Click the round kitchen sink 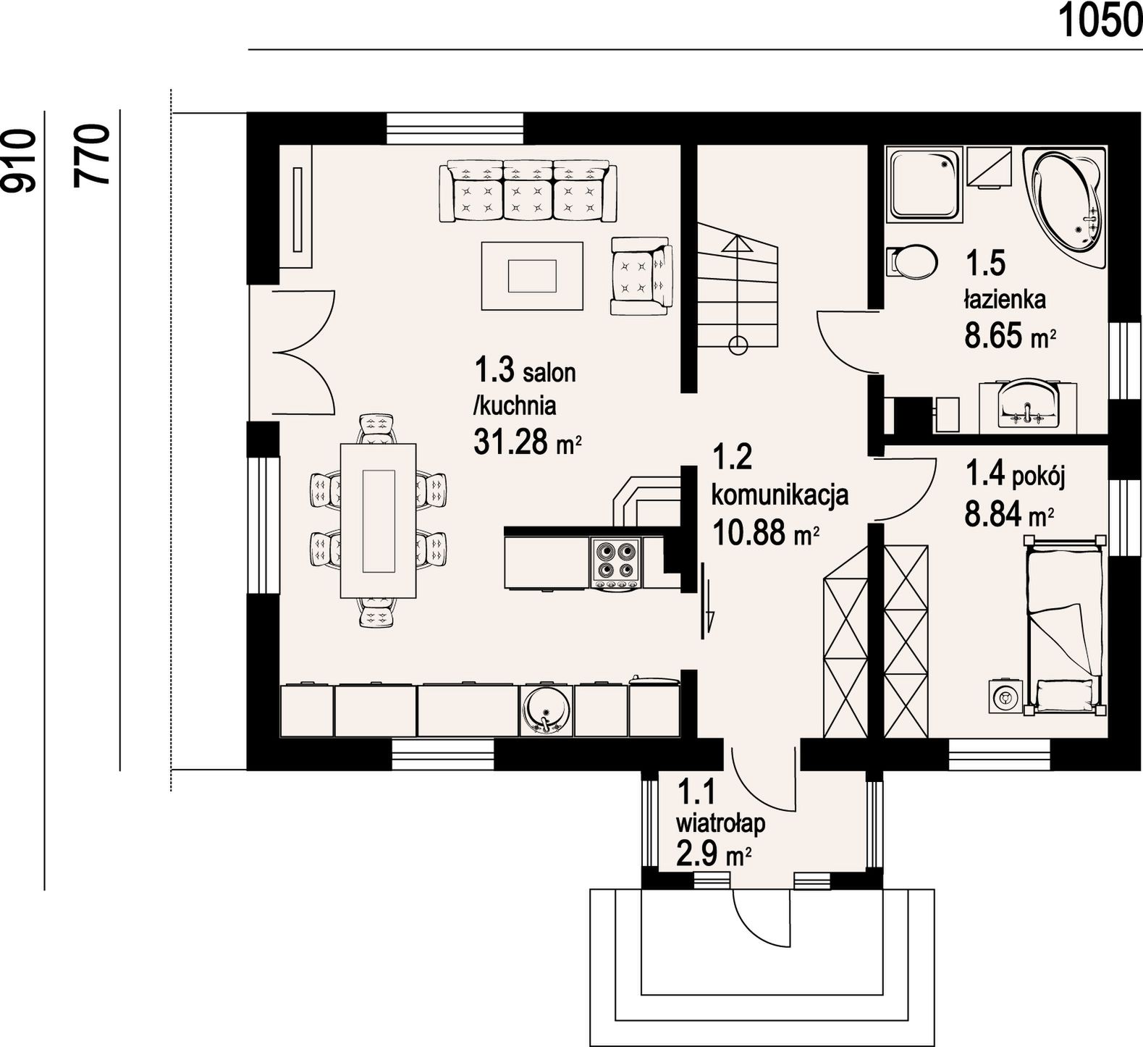click(544, 710)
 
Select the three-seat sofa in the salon click(528, 191)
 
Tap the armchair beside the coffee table click(641, 275)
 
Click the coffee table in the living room click(532, 275)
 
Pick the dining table click(379, 520)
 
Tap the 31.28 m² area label click(528, 441)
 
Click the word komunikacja click(780, 497)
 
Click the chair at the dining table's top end click(379, 429)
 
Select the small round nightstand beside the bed click(1004, 696)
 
